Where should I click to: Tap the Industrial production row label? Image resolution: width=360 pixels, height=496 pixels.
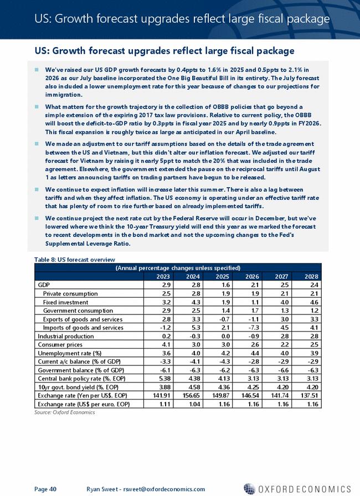pos(61,336)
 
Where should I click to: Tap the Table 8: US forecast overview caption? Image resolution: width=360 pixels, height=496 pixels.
pos(75,260)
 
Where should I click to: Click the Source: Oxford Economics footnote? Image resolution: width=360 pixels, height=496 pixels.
pos(61,412)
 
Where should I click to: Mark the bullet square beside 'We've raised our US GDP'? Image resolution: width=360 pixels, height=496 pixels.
pos(37,70)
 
